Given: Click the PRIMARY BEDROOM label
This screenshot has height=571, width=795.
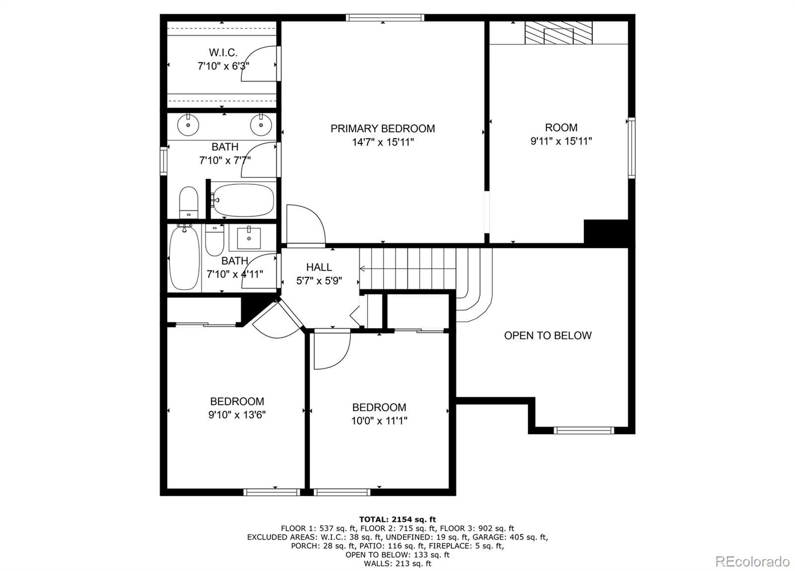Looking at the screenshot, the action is tap(383, 129).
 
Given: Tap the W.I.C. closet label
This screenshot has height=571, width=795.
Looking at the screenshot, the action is tap(223, 53).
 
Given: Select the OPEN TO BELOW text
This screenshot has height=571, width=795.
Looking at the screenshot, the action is tap(548, 335).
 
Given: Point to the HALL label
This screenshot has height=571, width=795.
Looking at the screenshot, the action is tap(319, 267).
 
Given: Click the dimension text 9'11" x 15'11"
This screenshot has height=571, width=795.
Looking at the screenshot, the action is tap(561, 141).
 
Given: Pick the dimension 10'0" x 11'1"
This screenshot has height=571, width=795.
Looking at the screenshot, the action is tap(379, 421).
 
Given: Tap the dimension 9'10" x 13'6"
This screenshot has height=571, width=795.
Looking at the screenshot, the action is tap(237, 414).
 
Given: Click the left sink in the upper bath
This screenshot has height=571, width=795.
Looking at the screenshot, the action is tap(188, 125).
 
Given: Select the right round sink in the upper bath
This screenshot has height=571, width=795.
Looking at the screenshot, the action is tap(261, 125).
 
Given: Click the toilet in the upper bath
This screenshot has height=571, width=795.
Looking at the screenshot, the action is tap(188, 202).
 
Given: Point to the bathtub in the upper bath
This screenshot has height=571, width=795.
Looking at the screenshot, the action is tap(243, 200).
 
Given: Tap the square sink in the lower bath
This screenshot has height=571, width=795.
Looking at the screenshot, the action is tap(249, 238).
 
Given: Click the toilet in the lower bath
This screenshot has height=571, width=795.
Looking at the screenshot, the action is tap(215, 240).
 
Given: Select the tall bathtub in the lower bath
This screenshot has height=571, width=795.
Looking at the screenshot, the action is tap(184, 258).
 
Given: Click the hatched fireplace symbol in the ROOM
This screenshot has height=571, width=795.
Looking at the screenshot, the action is tap(558, 33).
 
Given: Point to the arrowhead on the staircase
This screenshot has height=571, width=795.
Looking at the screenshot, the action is tap(362, 269).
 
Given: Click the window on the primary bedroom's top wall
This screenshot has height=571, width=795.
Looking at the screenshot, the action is tap(385, 18).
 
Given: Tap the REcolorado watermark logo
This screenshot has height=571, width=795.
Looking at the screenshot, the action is tap(752, 562).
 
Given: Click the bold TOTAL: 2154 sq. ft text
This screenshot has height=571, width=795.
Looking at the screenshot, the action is tap(397, 520).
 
